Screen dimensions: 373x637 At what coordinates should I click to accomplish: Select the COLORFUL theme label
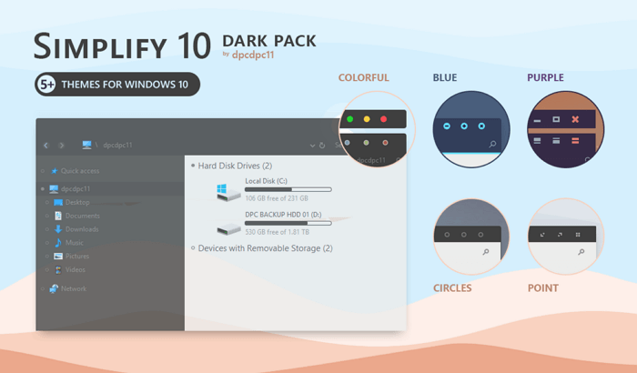[363, 78]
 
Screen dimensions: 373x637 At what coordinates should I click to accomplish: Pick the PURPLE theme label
[545, 78]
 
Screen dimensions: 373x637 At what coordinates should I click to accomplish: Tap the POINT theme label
[543, 287]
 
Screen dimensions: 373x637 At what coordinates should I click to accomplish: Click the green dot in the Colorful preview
[349, 119]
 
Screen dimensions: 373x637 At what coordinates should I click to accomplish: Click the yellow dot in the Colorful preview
[367, 119]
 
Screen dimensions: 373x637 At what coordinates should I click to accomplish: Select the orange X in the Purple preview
[575, 120]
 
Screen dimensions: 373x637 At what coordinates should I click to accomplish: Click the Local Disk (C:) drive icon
[227, 190]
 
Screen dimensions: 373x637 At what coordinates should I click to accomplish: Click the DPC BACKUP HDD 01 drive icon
[227, 227]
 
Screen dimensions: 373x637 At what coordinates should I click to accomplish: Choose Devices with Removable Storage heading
[265, 247]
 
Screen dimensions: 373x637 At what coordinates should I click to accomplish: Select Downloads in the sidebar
[81, 229]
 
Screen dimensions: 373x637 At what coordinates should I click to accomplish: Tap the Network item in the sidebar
[73, 288]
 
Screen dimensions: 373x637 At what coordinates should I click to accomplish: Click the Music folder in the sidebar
[74, 243]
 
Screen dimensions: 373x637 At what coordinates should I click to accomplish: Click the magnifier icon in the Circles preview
[486, 250]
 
